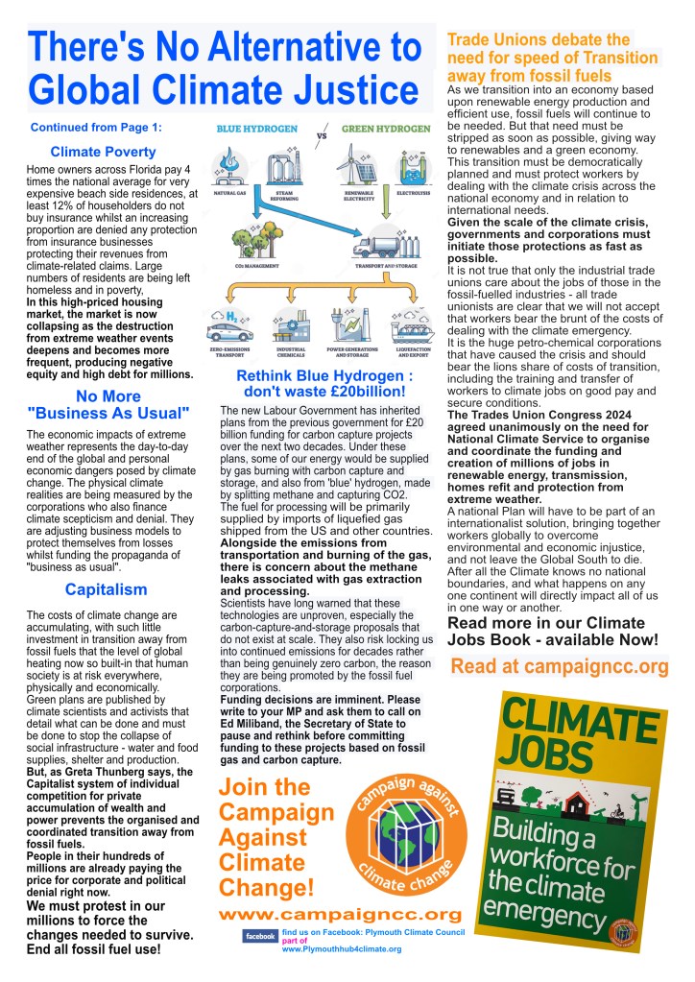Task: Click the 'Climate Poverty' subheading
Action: point(103,152)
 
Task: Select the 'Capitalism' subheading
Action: point(106,589)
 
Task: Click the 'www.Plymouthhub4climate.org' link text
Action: point(341,948)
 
